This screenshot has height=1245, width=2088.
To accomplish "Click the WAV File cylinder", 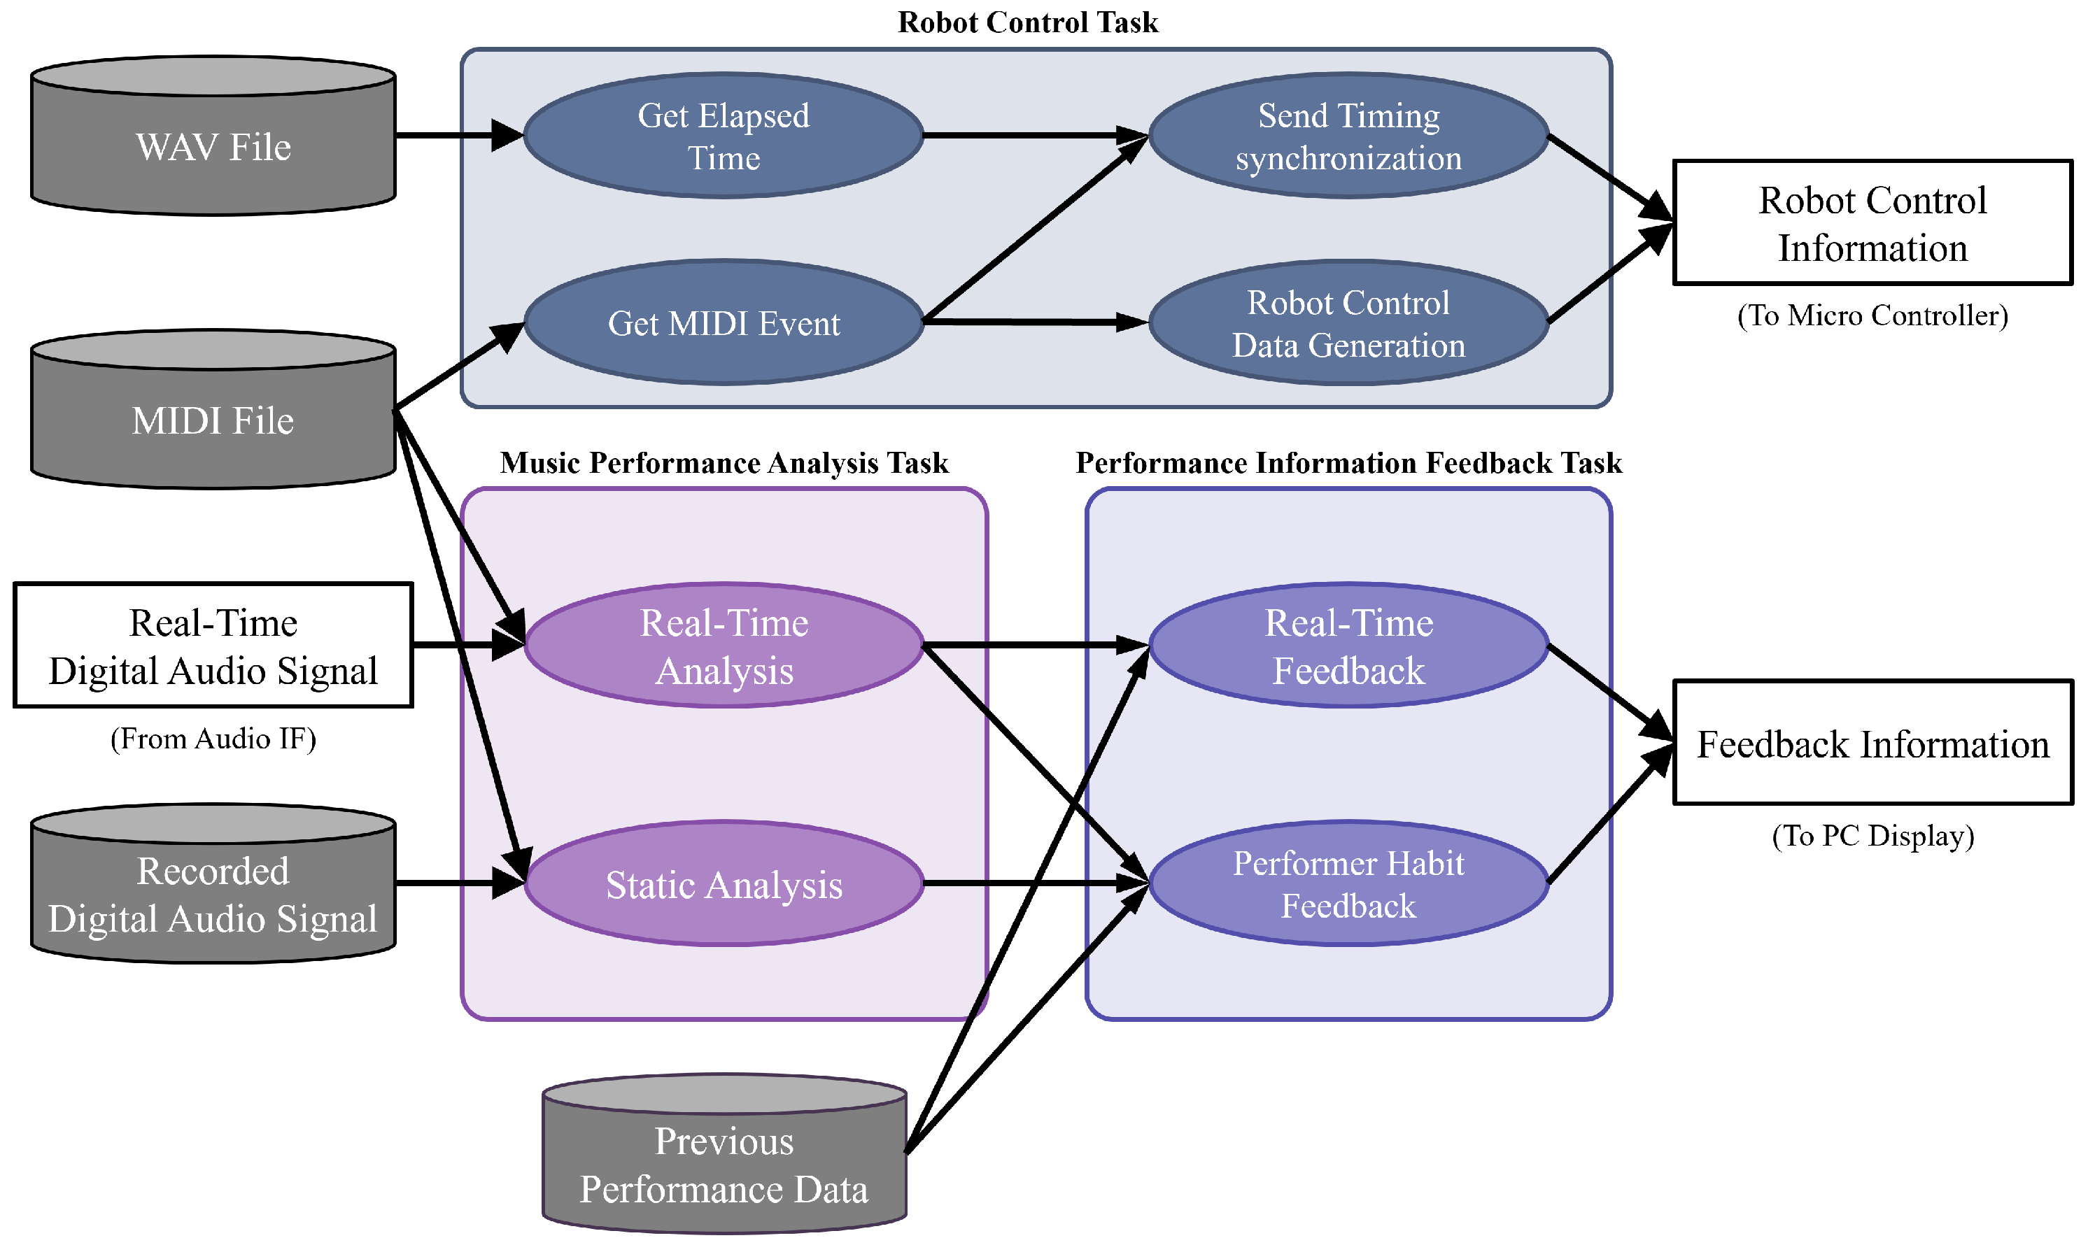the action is [x=213, y=136].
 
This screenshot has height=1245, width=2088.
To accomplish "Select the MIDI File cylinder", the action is [x=213, y=408].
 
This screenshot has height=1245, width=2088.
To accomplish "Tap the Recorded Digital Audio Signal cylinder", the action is [x=213, y=883].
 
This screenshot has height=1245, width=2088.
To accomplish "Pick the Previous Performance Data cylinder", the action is [x=724, y=1153].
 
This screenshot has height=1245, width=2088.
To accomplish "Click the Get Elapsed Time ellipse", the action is [x=724, y=136].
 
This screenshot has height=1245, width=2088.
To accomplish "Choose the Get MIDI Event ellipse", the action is [x=724, y=323].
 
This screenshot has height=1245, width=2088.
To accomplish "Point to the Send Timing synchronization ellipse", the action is [x=1348, y=136].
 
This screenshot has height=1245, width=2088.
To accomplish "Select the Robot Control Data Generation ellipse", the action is [x=1348, y=323].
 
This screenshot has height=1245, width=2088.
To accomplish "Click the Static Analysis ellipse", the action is [x=724, y=883].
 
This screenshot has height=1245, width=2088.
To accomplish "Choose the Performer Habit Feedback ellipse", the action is [x=1348, y=883].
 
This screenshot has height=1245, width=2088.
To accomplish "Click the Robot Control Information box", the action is [x=1873, y=222].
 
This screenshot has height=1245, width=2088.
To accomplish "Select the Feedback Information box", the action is [x=1873, y=743].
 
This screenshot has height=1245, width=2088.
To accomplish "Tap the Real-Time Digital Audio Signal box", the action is [x=213, y=645].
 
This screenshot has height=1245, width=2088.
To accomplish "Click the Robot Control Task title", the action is [x=1028, y=22].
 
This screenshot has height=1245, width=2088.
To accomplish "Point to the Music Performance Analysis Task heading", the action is [x=724, y=462].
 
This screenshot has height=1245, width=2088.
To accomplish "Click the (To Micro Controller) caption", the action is [x=1873, y=315].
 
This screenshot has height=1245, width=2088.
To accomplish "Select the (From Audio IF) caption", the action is [x=213, y=739].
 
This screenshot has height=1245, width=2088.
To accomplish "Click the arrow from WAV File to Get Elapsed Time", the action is [x=460, y=134].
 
